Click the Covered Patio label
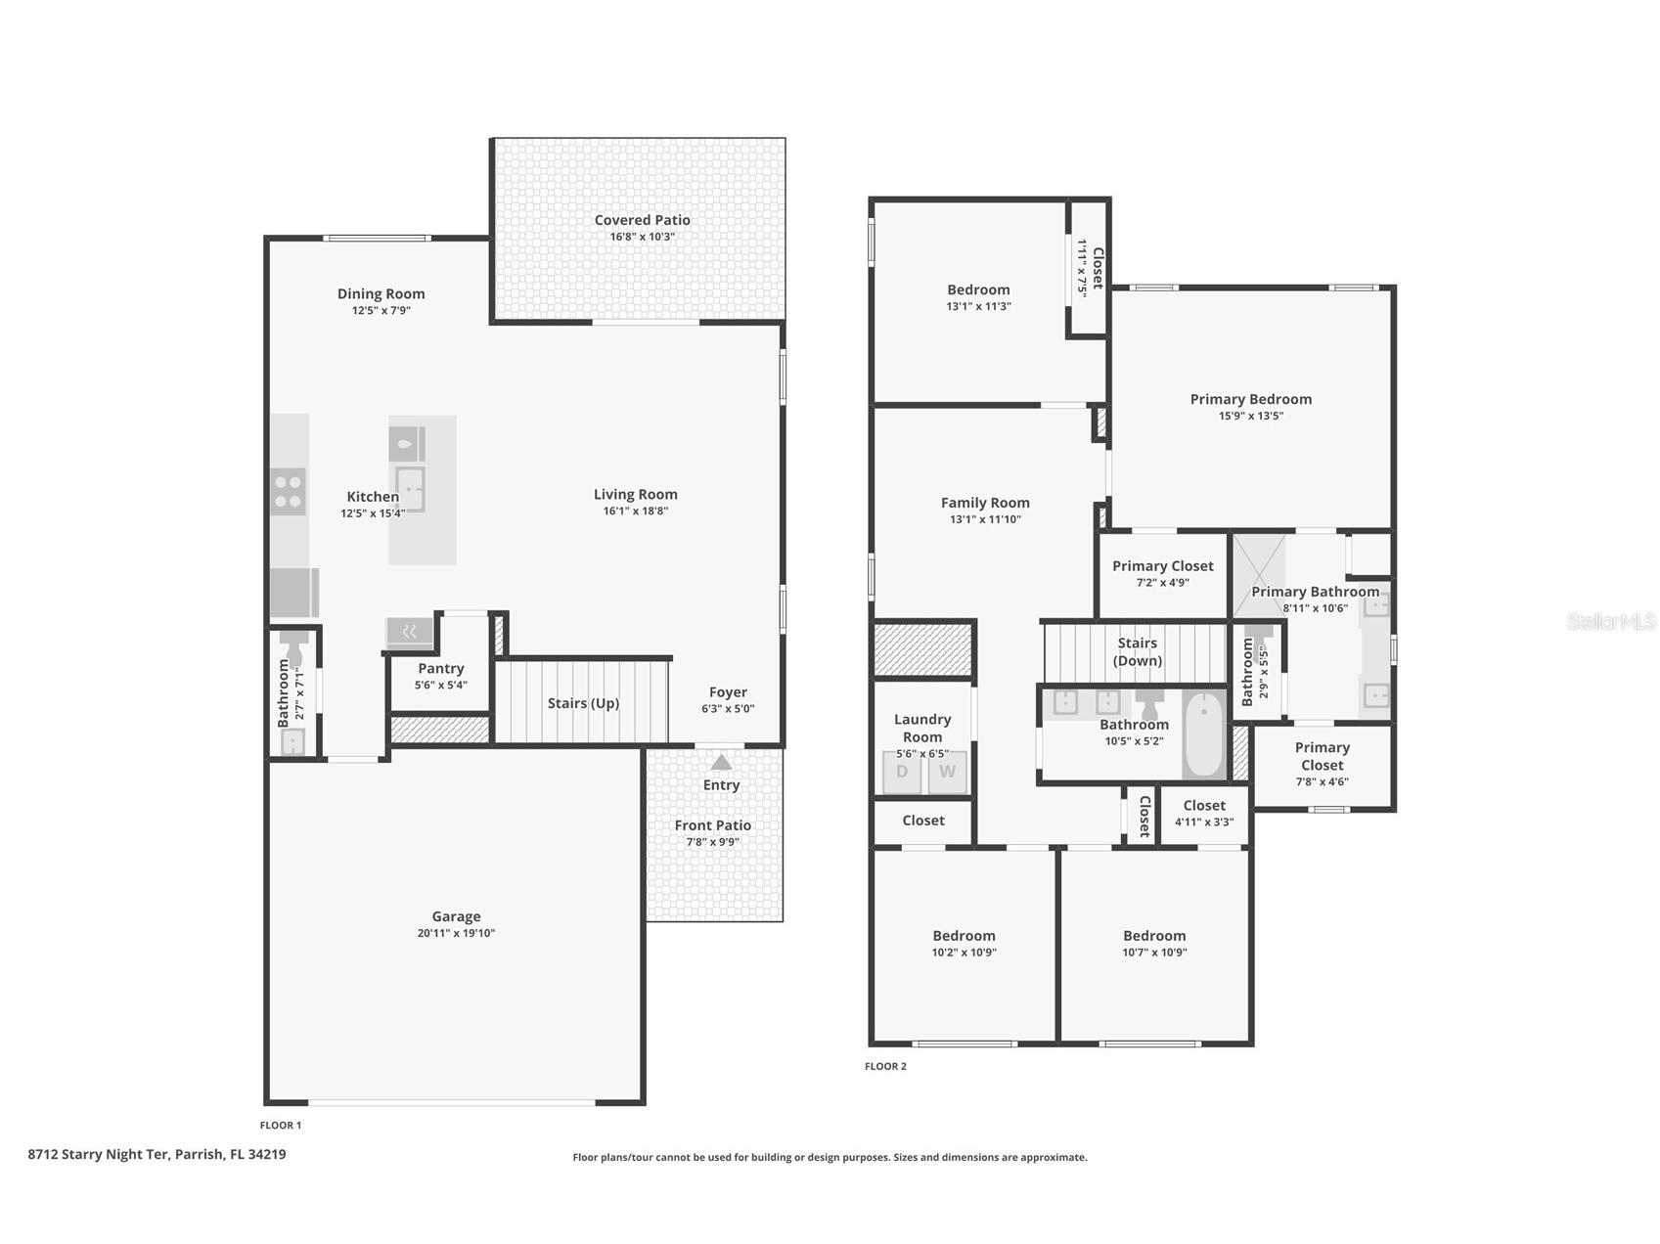(x=642, y=220)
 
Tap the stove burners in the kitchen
(x=288, y=491)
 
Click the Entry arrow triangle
(x=721, y=762)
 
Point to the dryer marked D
(x=902, y=772)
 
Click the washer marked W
(x=947, y=772)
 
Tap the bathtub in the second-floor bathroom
(x=1203, y=735)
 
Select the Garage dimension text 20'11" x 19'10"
(x=456, y=933)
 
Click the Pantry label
(x=440, y=668)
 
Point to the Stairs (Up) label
(x=583, y=703)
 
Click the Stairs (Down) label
(x=1137, y=651)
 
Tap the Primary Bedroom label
(x=1250, y=399)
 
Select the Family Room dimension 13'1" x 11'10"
(x=985, y=519)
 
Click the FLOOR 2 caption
(x=885, y=1066)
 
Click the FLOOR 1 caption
(x=281, y=1125)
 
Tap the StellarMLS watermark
(x=1610, y=621)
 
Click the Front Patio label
(x=712, y=825)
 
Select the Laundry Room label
(x=921, y=728)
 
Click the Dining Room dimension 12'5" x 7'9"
(x=381, y=311)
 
